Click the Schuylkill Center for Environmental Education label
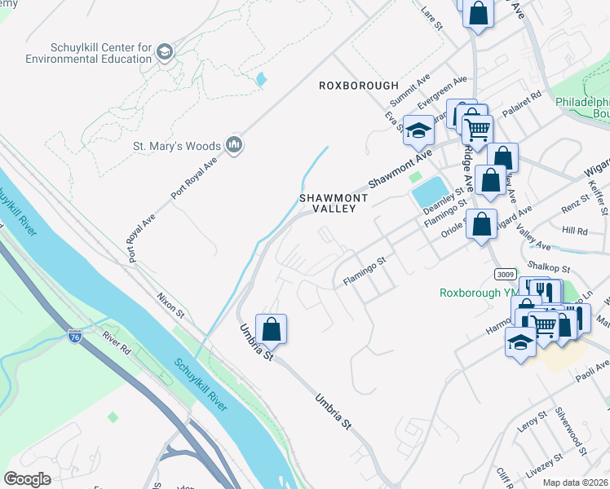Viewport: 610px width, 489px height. [x=88, y=53]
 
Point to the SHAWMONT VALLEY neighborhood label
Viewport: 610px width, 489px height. [x=334, y=203]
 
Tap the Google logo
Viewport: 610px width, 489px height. [x=27, y=479]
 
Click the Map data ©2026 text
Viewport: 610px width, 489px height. [x=575, y=482]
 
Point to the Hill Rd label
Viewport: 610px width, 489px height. [x=574, y=231]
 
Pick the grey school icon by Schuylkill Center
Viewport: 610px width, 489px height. [x=164, y=53]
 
